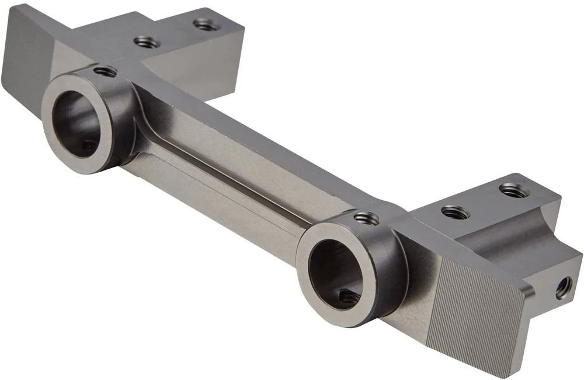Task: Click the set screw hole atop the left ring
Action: coord(105,71)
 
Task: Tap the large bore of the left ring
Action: coord(79,123)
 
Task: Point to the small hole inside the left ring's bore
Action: coord(88,146)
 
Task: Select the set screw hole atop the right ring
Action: coord(366,218)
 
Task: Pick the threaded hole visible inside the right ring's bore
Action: coord(349,297)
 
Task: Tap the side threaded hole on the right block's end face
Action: coord(564,287)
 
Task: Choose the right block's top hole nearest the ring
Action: coord(455,212)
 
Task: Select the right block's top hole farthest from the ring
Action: coord(514,190)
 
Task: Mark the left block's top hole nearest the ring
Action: coord(147,42)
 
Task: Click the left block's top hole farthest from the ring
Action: coord(207,24)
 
